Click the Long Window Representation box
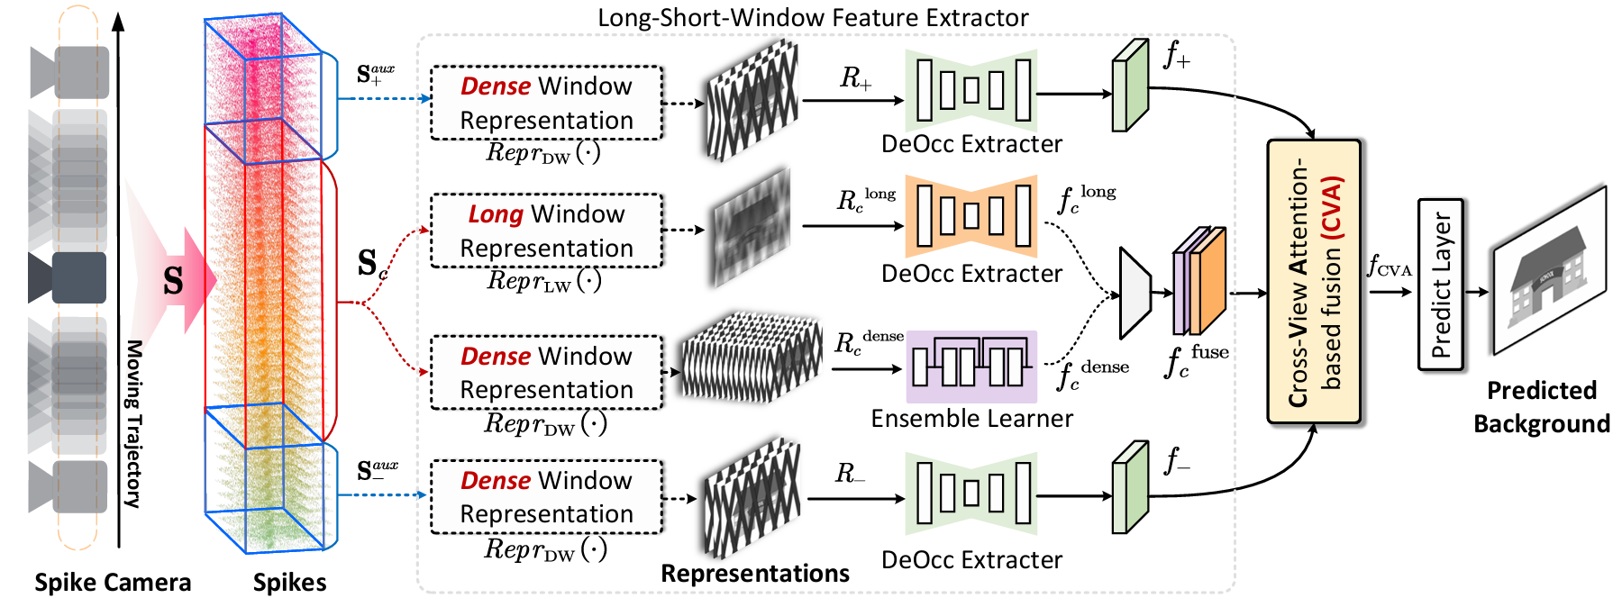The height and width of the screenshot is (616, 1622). point(546,231)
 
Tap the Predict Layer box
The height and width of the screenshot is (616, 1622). point(1440,285)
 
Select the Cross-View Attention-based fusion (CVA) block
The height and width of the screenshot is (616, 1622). point(1313,281)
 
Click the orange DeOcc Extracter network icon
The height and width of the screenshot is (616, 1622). point(970,217)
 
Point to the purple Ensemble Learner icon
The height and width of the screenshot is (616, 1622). point(970,367)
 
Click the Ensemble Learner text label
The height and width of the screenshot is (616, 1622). point(971,419)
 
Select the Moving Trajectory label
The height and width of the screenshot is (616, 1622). point(133,423)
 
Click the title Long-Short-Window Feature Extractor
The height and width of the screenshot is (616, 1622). point(813,18)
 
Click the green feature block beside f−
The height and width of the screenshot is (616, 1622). point(1130,487)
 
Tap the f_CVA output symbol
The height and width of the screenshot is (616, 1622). point(1389,267)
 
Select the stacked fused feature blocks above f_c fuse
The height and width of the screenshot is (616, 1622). point(1199,280)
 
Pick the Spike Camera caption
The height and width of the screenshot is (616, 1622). point(113,583)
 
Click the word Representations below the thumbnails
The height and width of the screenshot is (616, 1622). point(754,574)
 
